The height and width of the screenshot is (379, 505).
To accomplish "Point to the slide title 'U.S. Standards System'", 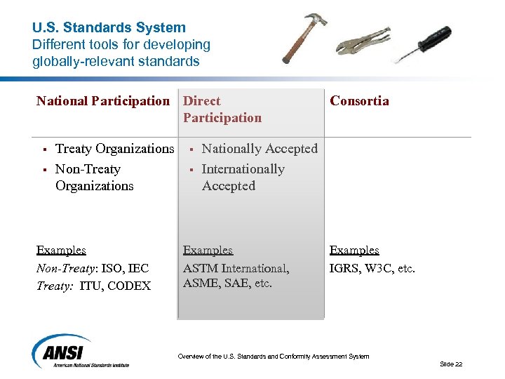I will click(x=109, y=28).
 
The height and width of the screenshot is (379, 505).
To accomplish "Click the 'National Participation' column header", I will click(x=103, y=101).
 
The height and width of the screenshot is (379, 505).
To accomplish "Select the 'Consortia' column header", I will click(x=359, y=101).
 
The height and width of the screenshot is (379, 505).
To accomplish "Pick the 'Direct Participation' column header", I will click(x=222, y=109).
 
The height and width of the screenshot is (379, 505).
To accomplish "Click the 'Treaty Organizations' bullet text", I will click(x=114, y=149).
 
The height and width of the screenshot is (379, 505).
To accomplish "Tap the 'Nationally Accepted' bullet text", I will click(x=260, y=149).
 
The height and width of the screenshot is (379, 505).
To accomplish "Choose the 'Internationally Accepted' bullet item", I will click(x=243, y=178).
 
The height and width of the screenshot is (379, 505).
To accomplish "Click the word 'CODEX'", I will click(x=129, y=286).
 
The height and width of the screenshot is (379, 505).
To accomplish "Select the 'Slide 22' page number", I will click(x=451, y=364).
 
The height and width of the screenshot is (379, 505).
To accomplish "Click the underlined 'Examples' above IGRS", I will click(x=354, y=251).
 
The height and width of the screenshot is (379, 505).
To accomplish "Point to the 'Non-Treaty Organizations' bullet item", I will click(x=94, y=178).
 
